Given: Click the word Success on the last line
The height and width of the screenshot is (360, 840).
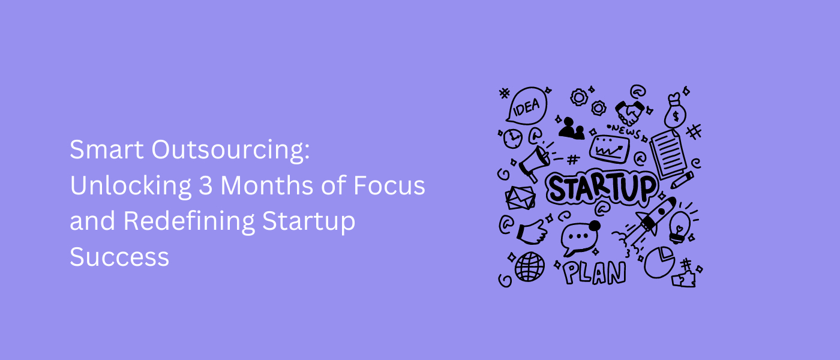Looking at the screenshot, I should click(119, 257).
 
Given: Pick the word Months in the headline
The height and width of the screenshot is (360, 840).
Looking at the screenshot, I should click(258, 186).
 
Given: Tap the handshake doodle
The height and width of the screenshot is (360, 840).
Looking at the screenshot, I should click(630, 112).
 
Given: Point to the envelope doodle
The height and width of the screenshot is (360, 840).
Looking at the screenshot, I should click(520, 198).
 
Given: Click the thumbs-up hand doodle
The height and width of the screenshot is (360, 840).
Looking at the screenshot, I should click(530, 232).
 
